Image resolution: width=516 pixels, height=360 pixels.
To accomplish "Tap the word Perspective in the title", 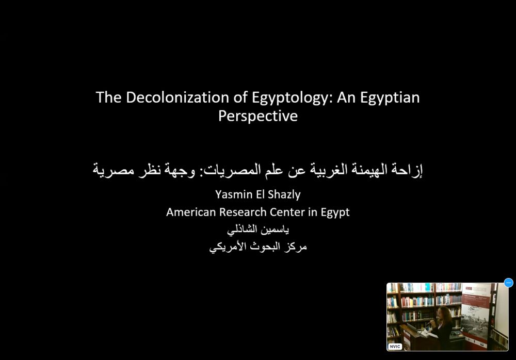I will pyautogui.click(x=257, y=116).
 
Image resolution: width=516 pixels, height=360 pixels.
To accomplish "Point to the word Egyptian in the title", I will pyautogui.click(x=390, y=97).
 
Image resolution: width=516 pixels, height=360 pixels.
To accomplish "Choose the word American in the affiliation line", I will pyautogui.click(x=190, y=212).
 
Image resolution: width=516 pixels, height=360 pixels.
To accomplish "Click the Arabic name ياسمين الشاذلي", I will pyautogui.click(x=257, y=230).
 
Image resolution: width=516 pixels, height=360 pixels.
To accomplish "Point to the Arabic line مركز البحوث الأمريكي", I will pyautogui.click(x=257, y=247).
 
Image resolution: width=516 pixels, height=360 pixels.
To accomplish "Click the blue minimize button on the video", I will pyautogui.click(x=508, y=283).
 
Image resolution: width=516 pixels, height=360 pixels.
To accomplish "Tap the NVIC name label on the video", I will pyautogui.click(x=395, y=347).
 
